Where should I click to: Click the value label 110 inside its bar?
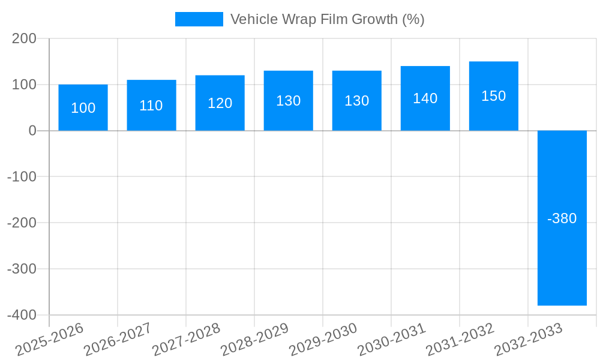(151, 106)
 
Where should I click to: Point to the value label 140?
(425, 98)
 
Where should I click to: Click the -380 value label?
(562, 218)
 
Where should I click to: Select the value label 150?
(493, 96)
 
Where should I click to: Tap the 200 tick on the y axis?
(25, 39)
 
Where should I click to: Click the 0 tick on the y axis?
(32, 131)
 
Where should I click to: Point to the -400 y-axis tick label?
(22, 315)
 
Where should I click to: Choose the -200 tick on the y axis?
(22, 223)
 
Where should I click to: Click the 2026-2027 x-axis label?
(118, 339)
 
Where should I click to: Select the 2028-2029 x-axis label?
(254, 339)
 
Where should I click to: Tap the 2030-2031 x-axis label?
(391, 339)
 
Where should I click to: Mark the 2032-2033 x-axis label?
(528, 339)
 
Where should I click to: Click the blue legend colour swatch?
(199, 19)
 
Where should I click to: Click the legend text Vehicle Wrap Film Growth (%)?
(327, 19)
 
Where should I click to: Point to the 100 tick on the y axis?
(25, 85)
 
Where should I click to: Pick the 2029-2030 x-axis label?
(323, 339)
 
